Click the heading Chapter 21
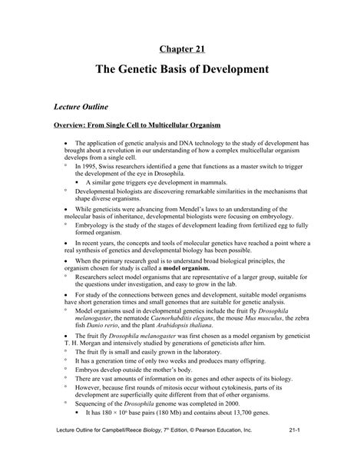[181, 48]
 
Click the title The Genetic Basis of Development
[181, 70]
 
